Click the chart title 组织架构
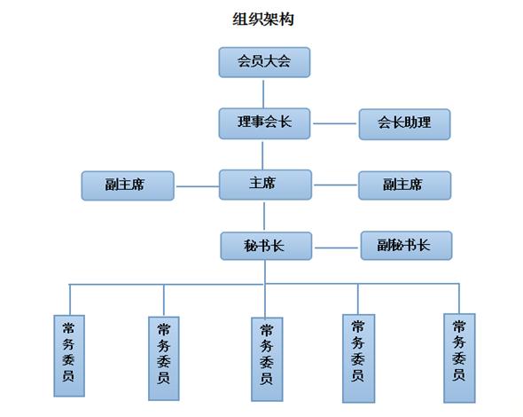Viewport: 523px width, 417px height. (x=263, y=19)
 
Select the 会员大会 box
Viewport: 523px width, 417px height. (x=264, y=62)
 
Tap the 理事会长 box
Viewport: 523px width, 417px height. (x=264, y=123)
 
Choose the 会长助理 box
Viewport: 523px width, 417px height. (x=404, y=124)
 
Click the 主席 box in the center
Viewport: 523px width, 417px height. (x=265, y=185)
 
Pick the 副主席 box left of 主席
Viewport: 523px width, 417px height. (x=128, y=185)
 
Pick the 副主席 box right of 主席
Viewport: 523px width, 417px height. (x=404, y=185)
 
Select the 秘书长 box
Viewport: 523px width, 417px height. (x=266, y=246)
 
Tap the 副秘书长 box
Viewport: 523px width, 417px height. (x=406, y=246)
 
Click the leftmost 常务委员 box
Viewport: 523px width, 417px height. (x=69, y=356)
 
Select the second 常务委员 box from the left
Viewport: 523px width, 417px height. (x=163, y=358)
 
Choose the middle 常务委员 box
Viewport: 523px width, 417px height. (x=267, y=359)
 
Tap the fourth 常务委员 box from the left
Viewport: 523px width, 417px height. (x=358, y=358)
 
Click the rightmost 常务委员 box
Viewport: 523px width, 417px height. (x=459, y=358)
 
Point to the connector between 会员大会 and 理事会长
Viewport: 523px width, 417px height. (x=263, y=94)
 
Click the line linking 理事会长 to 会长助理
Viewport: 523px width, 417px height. (x=334, y=123)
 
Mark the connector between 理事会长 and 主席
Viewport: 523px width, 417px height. (x=262, y=155)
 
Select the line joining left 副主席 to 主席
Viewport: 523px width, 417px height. (x=197, y=186)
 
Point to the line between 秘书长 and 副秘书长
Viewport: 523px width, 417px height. (x=336, y=248)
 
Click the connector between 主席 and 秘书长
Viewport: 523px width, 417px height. (x=264, y=216)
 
